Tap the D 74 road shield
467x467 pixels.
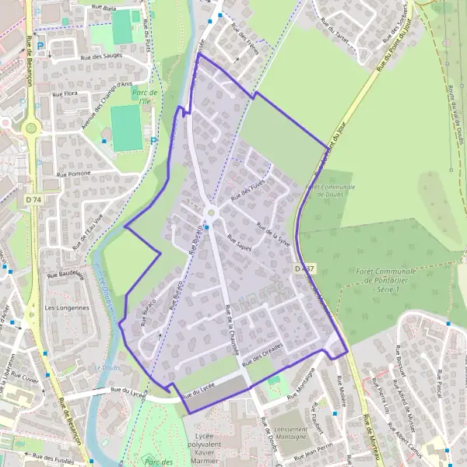tap(33, 200)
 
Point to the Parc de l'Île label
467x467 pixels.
tap(145, 97)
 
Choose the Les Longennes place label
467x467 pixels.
tap(67, 307)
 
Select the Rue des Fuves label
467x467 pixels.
tap(248, 187)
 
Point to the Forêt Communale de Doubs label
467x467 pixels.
tap(332, 191)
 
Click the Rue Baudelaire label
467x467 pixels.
tap(65, 274)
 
